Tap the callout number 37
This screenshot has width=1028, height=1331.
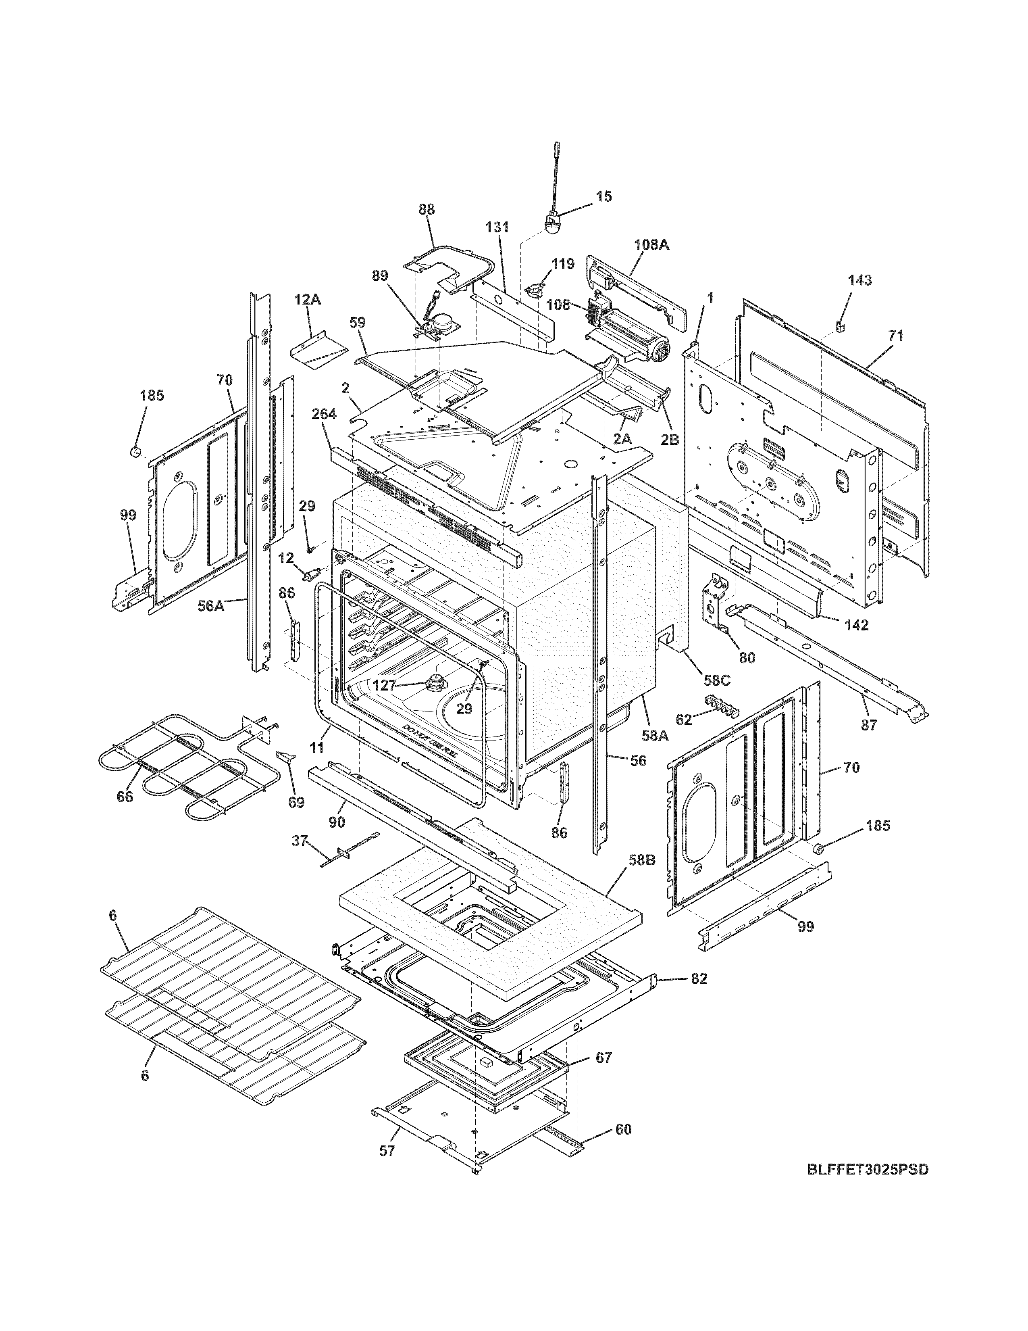pyautogui.click(x=300, y=841)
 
